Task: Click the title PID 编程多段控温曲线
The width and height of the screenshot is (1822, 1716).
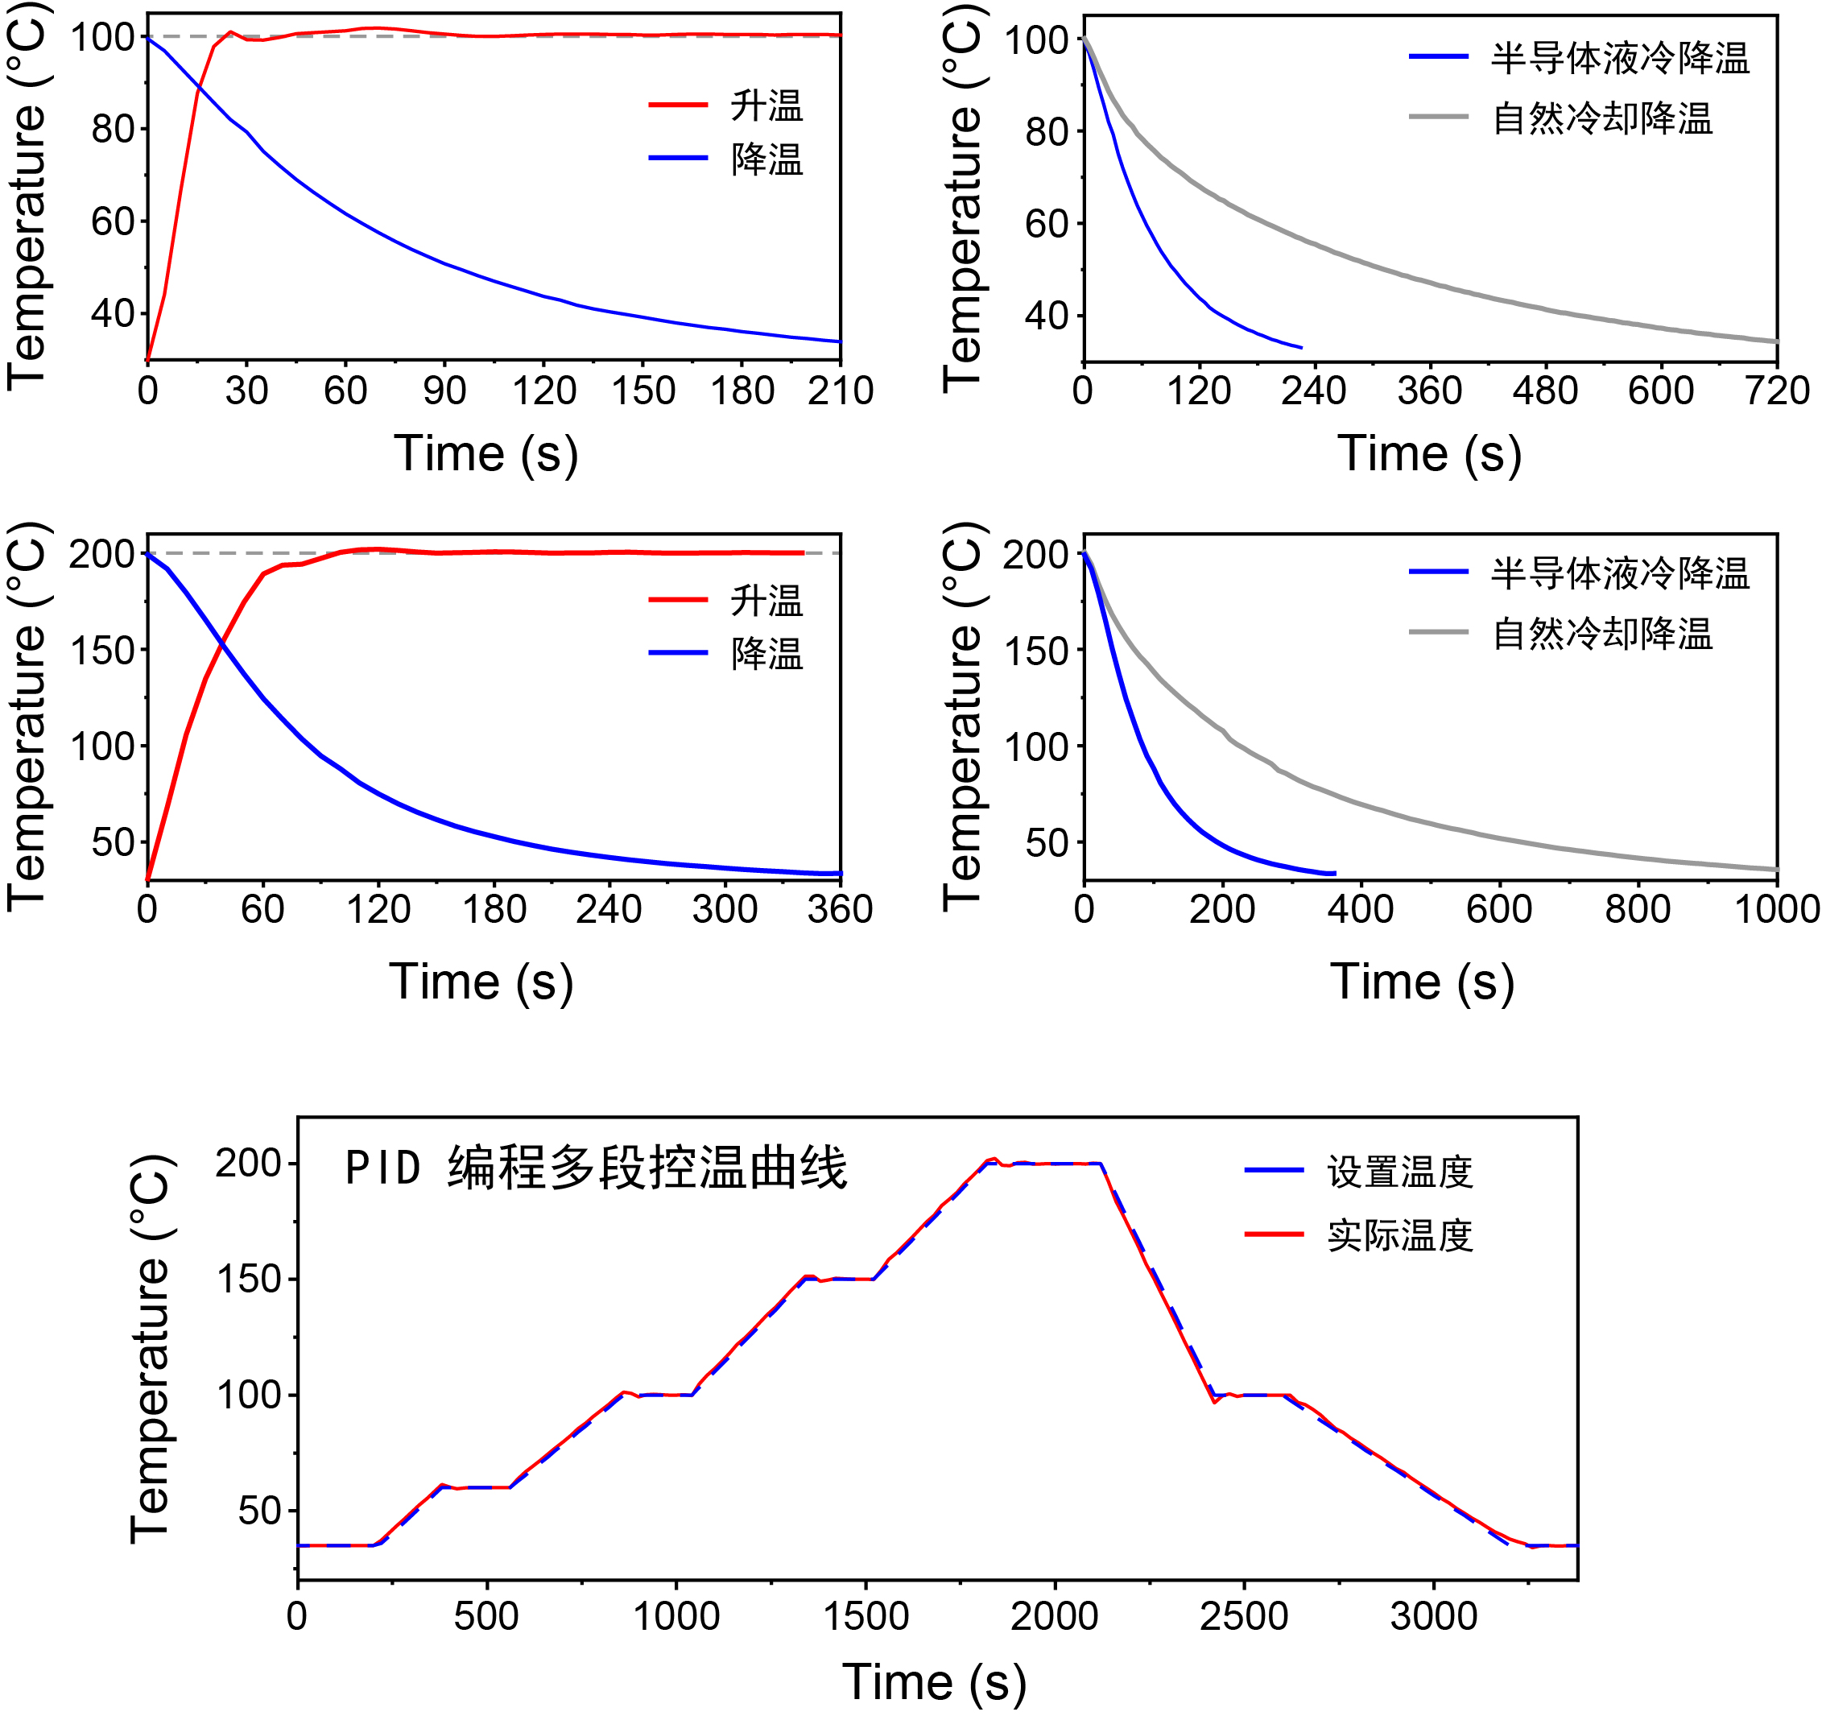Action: point(596,1168)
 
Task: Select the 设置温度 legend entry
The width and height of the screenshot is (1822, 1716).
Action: point(1399,1172)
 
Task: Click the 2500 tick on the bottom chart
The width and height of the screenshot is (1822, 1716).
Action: point(1244,1616)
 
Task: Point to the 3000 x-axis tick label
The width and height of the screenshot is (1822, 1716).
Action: point(1433,1616)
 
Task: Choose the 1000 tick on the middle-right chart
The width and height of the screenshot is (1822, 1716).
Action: point(1777,909)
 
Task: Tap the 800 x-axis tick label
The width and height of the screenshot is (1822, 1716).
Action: point(1638,909)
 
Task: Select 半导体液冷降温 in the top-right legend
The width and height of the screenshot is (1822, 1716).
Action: point(1619,59)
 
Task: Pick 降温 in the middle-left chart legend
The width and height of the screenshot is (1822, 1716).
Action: point(766,654)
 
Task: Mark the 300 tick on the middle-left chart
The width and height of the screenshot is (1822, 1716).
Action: point(725,909)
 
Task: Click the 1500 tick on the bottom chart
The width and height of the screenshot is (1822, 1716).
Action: point(866,1616)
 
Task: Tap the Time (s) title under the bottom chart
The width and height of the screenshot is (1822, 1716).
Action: point(934,1683)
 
